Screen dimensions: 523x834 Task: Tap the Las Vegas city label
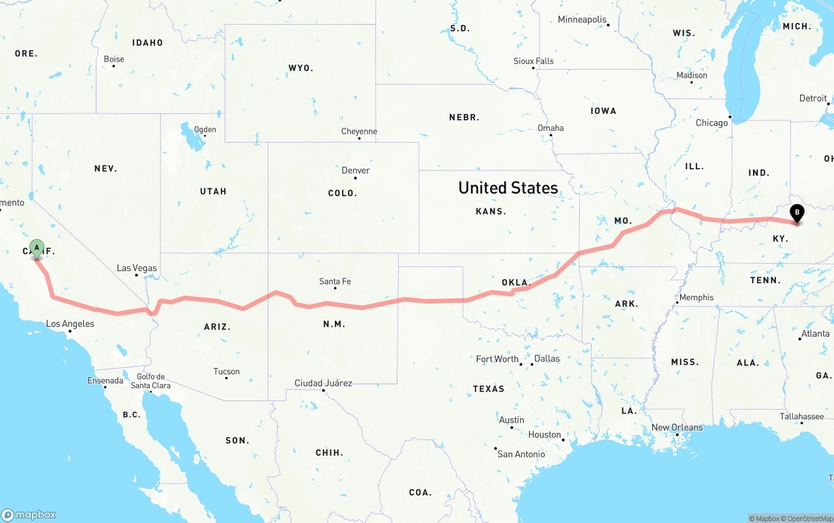pyautogui.click(x=137, y=268)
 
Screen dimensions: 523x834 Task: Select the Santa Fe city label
pyautogui.click(x=335, y=281)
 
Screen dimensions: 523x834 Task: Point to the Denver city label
pyautogui.click(x=356, y=170)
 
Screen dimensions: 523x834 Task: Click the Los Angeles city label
pyautogui.click(x=70, y=324)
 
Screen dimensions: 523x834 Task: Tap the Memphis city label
pyautogui.click(x=697, y=298)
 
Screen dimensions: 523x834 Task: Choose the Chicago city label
pyautogui.click(x=712, y=122)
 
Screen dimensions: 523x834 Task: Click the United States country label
pyautogui.click(x=508, y=188)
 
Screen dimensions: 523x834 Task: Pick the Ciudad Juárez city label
pyautogui.click(x=323, y=383)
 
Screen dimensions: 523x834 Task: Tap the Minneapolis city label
pyautogui.click(x=582, y=20)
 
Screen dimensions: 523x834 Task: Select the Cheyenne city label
pyautogui.click(x=359, y=131)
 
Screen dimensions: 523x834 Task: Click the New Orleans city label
pyautogui.click(x=677, y=427)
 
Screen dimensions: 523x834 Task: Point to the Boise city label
pyautogui.click(x=114, y=59)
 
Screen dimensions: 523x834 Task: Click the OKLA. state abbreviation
pyautogui.click(x=516, y=283)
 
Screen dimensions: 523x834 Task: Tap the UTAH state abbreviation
pyautogui.click(x=213, y=191)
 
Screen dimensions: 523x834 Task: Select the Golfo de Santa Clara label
pyautogui.click(x=151, y=381)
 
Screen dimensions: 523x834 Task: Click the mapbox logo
pyautogui.click(x=29, y=515)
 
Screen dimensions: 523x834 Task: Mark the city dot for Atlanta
pyautogui.click(x=800, y=339)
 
